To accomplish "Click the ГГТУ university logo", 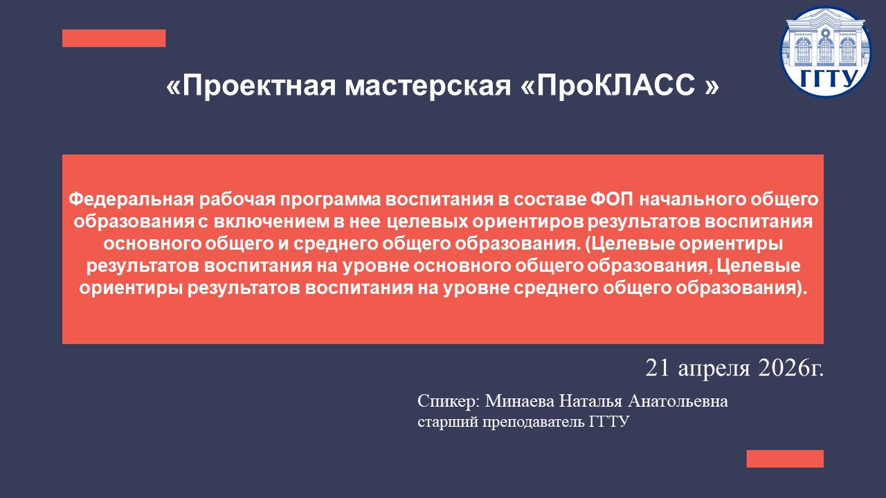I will (x=826, y=52).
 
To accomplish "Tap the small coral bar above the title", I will (x=114, y=38).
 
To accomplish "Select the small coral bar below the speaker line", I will (x=785, y=459).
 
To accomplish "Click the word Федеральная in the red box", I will (x=131, y=200).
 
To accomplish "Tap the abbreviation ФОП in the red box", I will (x=611, y=200).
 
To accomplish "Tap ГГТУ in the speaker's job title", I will (x=609, y=422).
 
